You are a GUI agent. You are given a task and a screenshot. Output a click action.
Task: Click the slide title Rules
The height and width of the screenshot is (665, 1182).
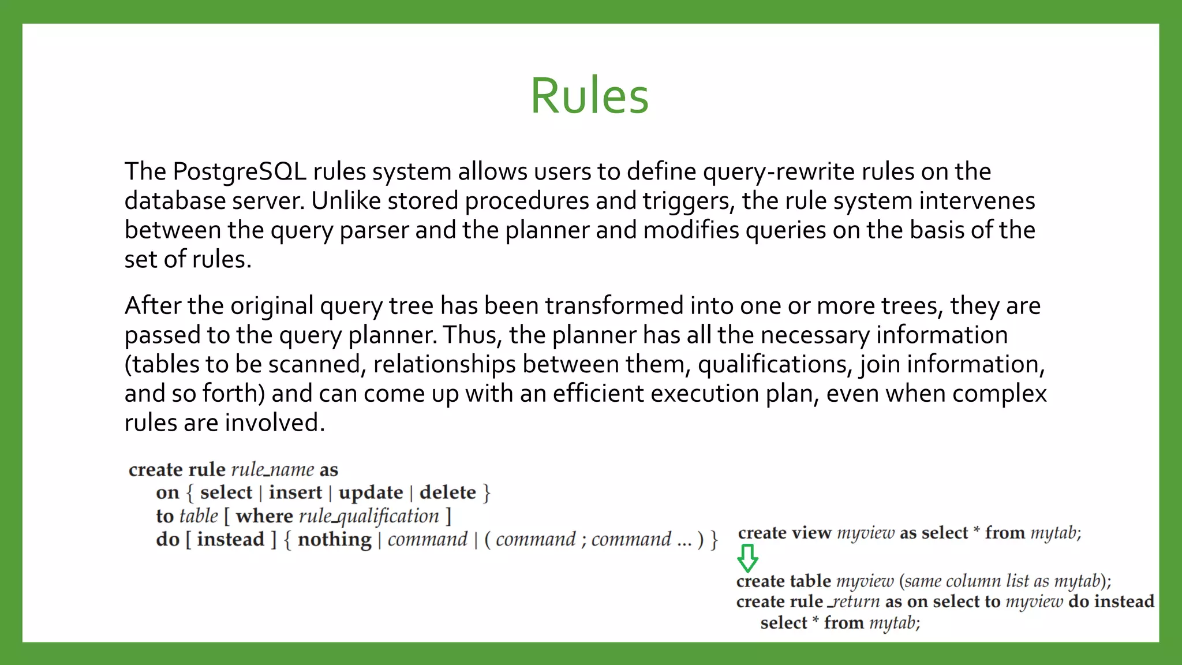pos(589,96)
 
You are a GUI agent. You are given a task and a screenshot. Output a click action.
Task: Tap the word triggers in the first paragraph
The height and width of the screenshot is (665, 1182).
pos(688,201)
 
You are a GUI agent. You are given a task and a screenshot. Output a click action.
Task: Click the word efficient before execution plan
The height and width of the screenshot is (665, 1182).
pos(598,394)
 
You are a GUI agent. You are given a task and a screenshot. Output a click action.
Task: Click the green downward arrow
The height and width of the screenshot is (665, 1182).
pos(747,558)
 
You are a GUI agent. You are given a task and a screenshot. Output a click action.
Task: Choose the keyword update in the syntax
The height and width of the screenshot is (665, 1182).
pos(371,492)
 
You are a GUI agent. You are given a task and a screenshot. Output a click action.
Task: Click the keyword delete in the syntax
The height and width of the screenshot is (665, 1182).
pos(447,492)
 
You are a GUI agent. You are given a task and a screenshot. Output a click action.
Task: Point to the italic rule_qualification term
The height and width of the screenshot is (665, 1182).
pos(369,516)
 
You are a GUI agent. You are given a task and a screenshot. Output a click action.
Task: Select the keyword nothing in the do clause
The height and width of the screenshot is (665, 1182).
pos(334,540)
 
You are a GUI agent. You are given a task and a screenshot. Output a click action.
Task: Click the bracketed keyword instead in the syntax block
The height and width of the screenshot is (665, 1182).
pos(230,540)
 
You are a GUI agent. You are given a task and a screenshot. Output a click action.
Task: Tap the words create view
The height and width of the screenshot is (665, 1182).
pos(784,533)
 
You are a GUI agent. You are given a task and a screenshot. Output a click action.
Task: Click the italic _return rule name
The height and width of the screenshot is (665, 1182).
pos(854,602)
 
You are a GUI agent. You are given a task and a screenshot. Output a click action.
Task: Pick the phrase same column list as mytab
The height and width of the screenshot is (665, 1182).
pos(1001,581)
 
